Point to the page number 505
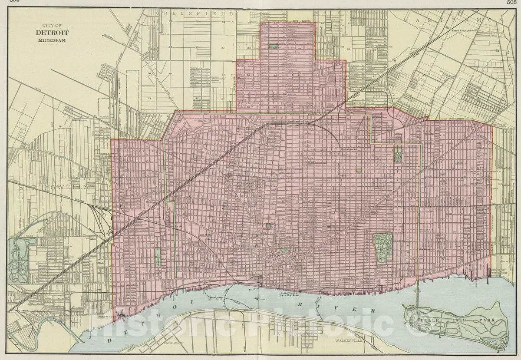tap(513, 2)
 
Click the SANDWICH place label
tap(170, 343)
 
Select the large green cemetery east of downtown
tap(383, 248)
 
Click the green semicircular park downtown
tap(285, 250)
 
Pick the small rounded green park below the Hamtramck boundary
tap(397, 154)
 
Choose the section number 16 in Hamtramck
tap(446, 27)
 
